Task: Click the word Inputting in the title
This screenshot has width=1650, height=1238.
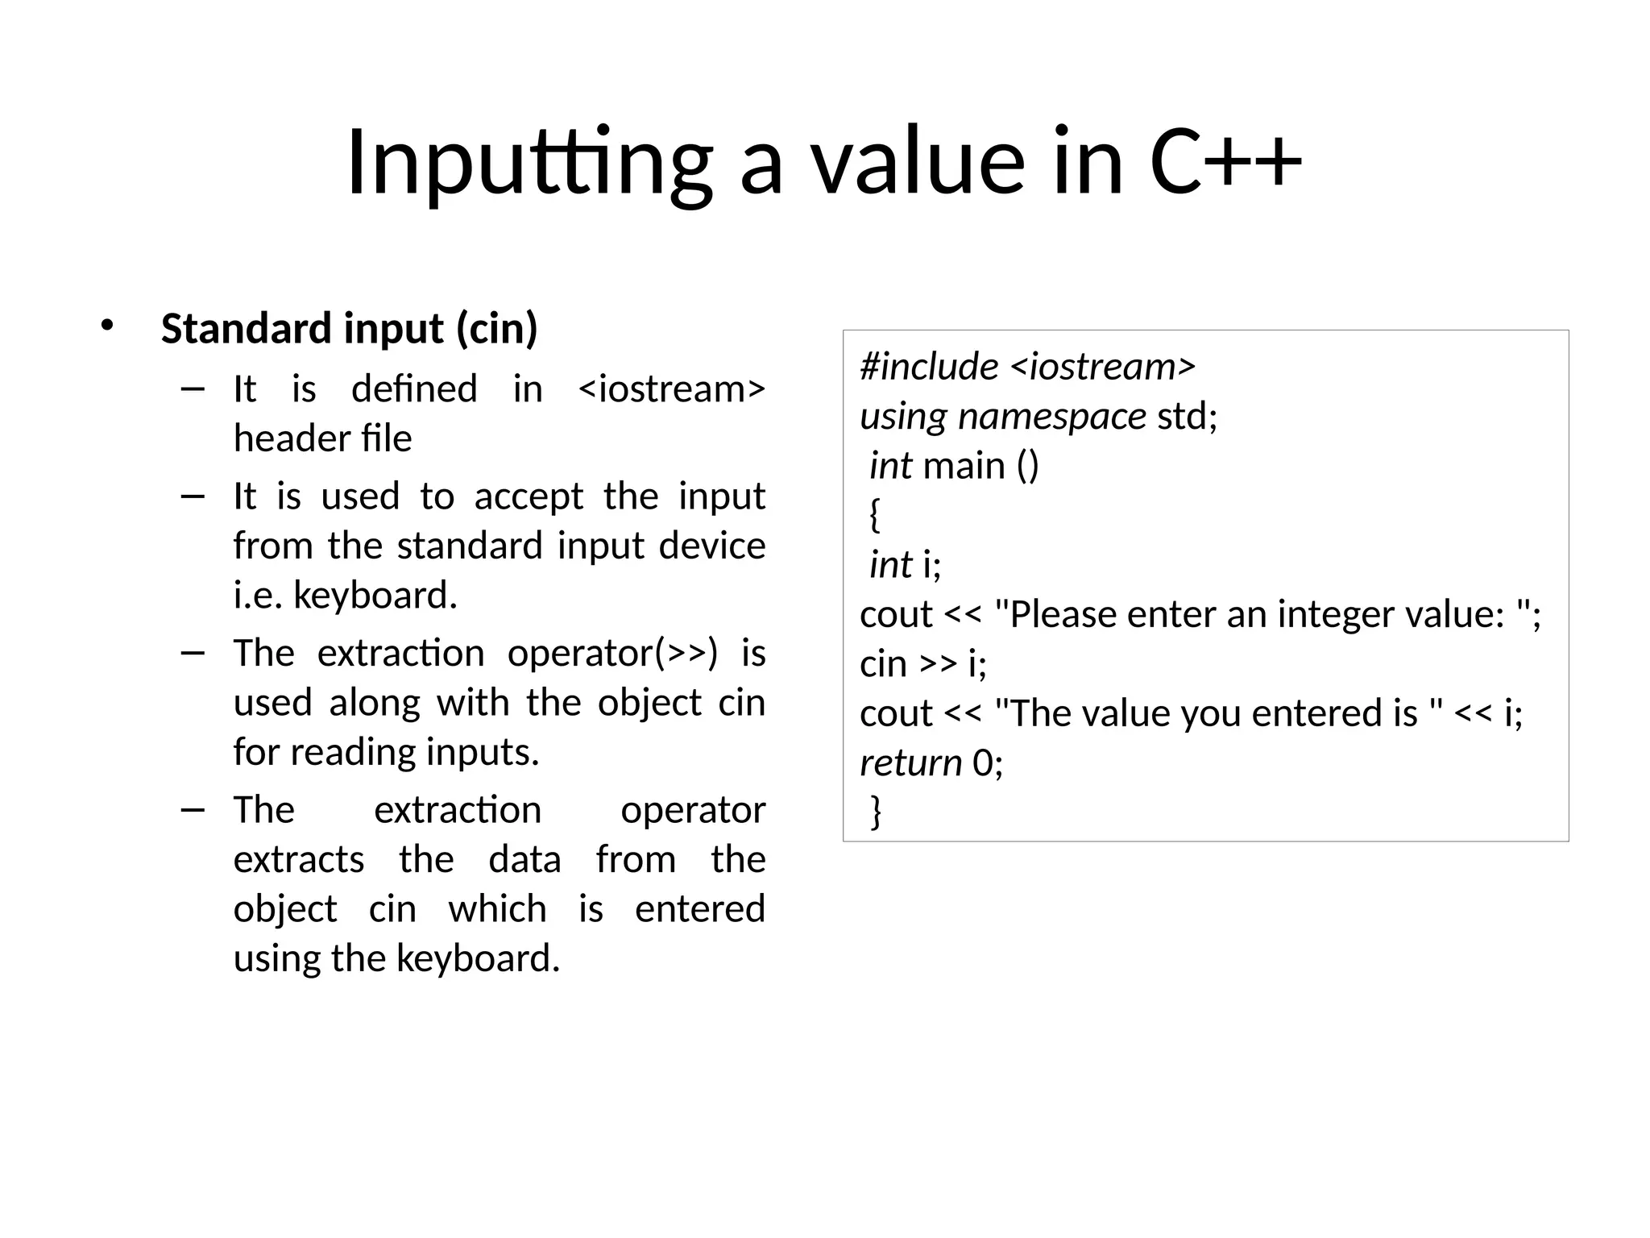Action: pos(529,164)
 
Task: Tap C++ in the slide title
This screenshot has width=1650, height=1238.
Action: pos(1225,164)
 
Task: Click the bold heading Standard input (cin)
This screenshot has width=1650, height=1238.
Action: pos(349,329)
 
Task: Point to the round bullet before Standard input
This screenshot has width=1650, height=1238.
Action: pos(107,326)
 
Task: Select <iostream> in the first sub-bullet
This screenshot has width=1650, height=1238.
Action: pos(672,389)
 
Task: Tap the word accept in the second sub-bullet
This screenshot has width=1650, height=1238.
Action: pos(529,496)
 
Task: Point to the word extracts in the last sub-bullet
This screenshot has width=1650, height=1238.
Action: pos(299,860)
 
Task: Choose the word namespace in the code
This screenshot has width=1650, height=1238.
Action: pos(1052,417)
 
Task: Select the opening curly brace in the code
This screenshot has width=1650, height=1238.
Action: pos(875,515)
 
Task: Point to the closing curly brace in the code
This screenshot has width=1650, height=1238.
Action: pos(876,812)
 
